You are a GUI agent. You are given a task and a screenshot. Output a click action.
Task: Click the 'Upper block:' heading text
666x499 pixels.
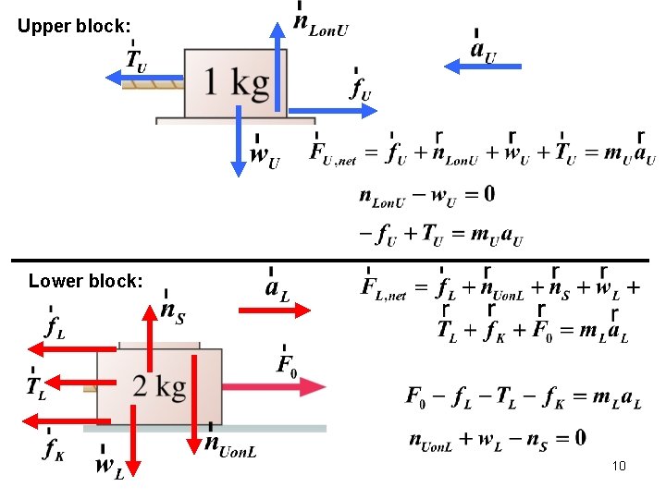(x=74, y=27)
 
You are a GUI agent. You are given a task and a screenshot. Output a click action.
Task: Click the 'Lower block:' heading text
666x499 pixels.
(x=86, y=281)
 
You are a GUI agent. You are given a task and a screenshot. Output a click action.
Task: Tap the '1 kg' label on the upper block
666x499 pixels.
(x=237, y=83)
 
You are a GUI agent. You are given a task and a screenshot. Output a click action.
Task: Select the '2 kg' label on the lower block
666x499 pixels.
(x=159, y=386)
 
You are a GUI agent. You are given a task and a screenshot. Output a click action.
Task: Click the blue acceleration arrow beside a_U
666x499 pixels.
(x=483, y=67)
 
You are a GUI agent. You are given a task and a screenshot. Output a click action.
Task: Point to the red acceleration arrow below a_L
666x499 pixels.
(x=275, y=311)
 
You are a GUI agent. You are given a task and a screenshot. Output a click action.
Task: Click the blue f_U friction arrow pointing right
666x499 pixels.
(x=333, y=110)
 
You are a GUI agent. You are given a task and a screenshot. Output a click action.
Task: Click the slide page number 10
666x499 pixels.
(x=619, y=466)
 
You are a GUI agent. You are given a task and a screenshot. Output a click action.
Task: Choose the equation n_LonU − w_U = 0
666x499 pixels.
(x=426, y=195)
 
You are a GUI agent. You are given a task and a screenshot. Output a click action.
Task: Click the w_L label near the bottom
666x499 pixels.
(x=108, y=468)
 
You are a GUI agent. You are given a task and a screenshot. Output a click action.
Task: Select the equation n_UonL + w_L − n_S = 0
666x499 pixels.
(x=497, y=438)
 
